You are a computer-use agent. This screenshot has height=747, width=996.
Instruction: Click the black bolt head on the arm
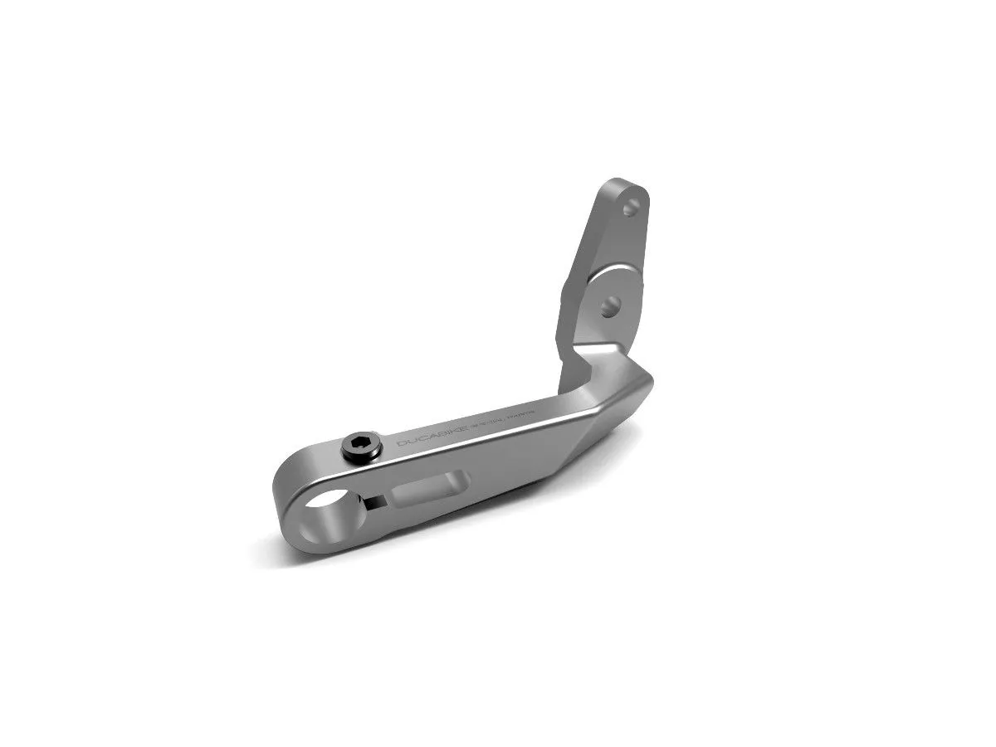(x=363, y=446)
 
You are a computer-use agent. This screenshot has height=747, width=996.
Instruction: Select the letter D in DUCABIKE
(x=402, y=444)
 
